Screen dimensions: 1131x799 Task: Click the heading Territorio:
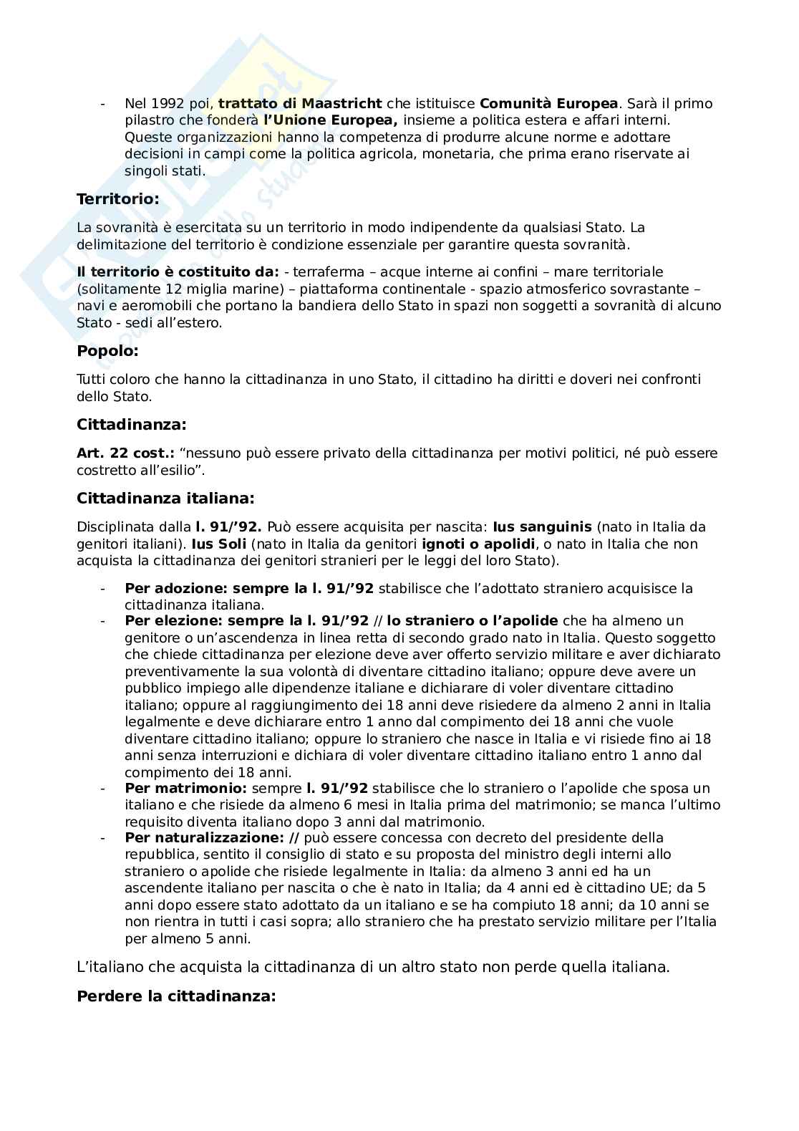point(117,199)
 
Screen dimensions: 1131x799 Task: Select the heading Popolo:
point(107,351)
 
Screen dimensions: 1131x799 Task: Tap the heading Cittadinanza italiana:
point(165,498)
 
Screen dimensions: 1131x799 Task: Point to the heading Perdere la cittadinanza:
point(176,996)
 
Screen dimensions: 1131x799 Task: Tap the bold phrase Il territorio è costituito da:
point(178,272)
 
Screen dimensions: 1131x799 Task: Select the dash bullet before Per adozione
point(103,589)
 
